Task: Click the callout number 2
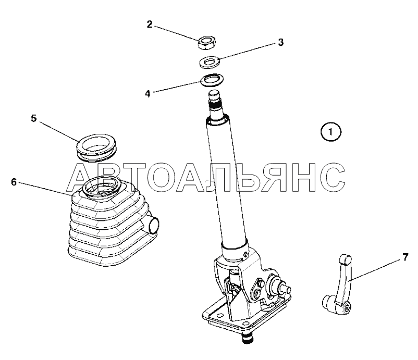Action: [150, 24]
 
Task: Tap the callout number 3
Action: [281, 42]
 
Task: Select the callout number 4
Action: [147, 94]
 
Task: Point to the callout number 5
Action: [33, 118]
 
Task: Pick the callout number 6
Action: [14, 182]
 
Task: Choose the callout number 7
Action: [405, 257]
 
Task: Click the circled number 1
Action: [330, 132]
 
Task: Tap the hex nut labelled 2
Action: [207, 42]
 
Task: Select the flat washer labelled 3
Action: [210, 62]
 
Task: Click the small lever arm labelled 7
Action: [339, 285]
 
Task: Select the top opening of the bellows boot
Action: [102, 187]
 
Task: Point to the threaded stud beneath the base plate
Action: [248, 337]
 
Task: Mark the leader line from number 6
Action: [45, 190]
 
